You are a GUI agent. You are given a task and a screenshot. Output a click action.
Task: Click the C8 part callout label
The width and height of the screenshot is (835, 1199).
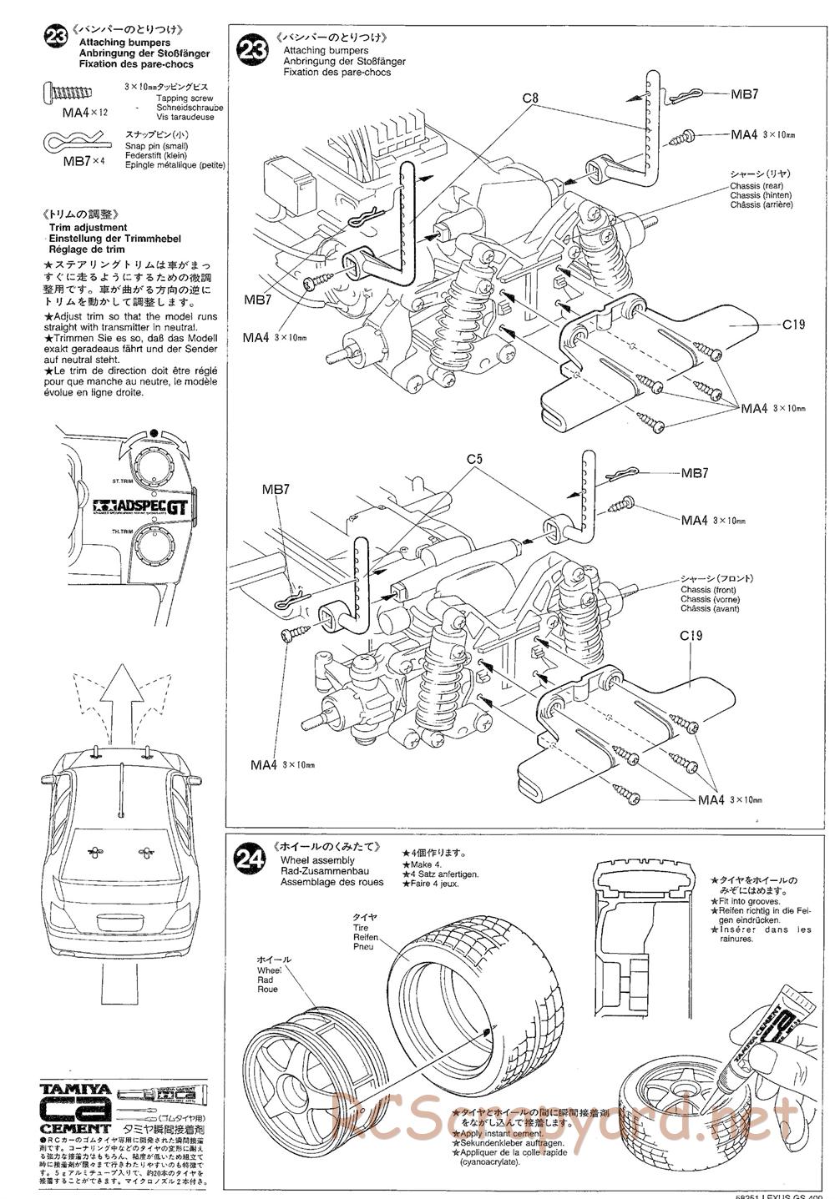(530, 98)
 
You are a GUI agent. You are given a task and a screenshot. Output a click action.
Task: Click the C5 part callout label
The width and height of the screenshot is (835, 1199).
(475, 459)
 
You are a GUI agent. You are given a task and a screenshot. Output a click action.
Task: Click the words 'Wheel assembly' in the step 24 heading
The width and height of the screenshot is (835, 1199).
(317, 860)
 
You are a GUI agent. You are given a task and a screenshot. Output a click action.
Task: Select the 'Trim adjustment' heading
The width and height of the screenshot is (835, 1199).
(88, 228)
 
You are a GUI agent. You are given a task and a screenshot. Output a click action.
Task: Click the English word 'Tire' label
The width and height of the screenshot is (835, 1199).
(360, 928)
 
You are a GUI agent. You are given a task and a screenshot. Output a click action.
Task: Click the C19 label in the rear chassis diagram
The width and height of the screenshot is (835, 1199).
(793, 325)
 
